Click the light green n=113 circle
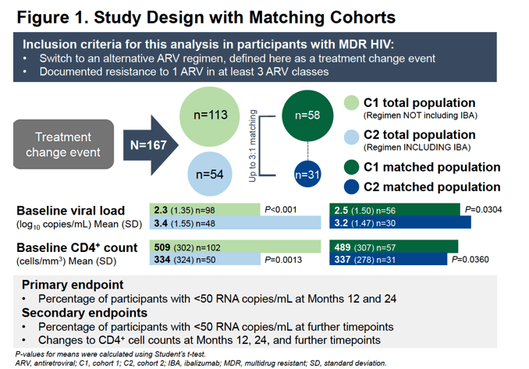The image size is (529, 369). click(x=210, y=116)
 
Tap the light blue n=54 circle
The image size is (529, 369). click(x=210, y=174)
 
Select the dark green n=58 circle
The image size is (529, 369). click(x=307, y=115)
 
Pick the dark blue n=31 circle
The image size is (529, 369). click(x=307, y=174)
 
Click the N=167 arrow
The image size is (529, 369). click(x=151, y=145)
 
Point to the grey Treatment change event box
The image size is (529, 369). click(x=63, y=144)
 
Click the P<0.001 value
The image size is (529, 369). click(x=281, y=210)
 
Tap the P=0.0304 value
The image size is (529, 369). click(x=484, y=210)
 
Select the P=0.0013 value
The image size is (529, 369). click(x=283, y=260)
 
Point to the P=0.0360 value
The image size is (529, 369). click(x=470, y=260)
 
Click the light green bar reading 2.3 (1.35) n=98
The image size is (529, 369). click(x=204, y=209)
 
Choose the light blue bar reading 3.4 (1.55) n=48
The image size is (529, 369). click(x=235, y=222)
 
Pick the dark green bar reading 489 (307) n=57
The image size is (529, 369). click(x=394, y=247)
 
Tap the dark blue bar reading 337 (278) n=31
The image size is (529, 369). click(x=389, y=259)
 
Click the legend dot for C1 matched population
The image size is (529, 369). click(x=351, y=167)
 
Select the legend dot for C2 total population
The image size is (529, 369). click(x=351, y=137)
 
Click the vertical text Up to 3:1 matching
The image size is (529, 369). click(x=253, y=146)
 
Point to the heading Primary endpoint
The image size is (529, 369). click(x=73, y=285)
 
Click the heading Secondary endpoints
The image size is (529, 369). click(x=85, y=313)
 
